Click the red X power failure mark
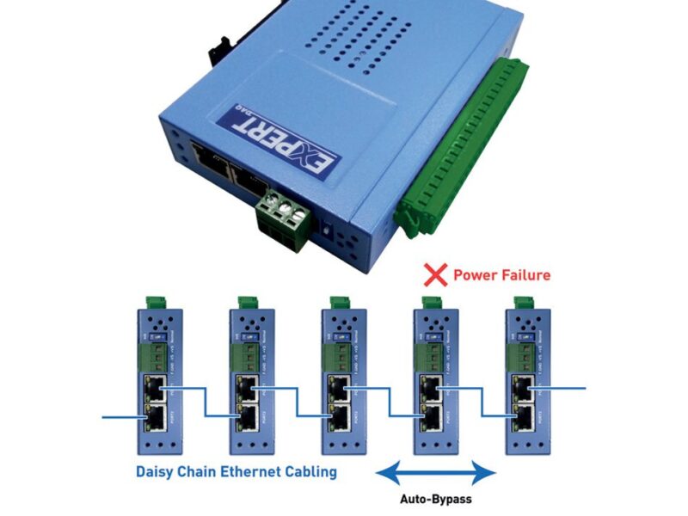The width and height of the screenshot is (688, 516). (x=438, y=275)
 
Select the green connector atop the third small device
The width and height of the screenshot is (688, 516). (x=339, y=302)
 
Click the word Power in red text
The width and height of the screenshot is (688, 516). (x=476, y=275)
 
